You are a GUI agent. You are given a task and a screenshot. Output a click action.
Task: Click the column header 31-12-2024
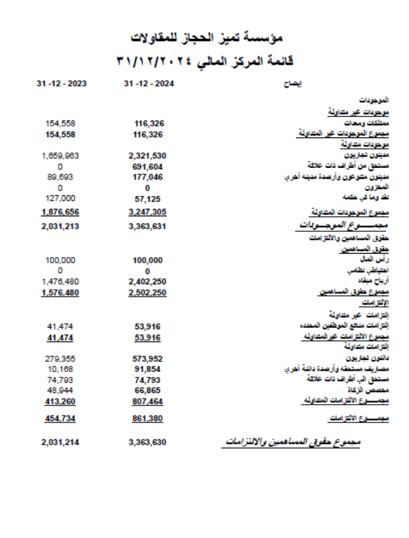(149, 84)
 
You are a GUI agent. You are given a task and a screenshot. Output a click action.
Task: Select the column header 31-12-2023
(61, 84)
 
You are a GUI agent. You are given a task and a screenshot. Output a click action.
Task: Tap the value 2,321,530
(147, 156)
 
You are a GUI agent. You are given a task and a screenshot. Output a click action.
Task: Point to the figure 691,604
(147, 166)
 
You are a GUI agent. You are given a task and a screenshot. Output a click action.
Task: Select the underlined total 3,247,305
(147, 212)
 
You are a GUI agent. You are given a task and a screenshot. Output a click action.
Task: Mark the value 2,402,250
(147, 281)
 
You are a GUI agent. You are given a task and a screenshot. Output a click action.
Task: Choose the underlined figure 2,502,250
(147, 292)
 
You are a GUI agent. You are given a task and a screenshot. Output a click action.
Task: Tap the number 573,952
(147, 358)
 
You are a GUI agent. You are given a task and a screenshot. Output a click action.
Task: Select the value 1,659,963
(61, 156)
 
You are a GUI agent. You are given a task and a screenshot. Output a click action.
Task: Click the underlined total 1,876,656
(61, 212)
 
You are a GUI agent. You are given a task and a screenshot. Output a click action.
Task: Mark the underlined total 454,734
(61, 418)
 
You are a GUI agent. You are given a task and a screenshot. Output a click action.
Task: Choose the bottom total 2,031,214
(61, 442)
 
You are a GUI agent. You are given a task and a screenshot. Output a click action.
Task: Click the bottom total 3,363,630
(147, 442)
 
